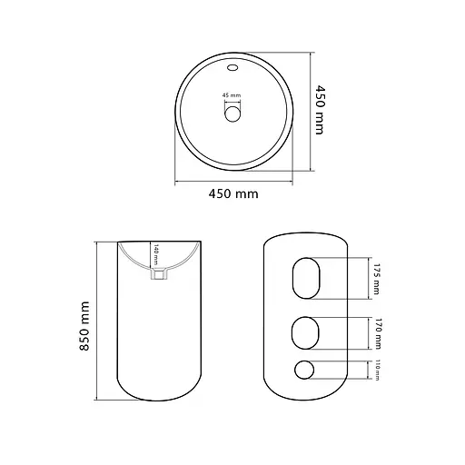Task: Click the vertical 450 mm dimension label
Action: tap(320, 110)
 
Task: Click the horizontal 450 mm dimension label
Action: tap(233, 193)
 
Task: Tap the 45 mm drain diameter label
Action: tap(232, 95)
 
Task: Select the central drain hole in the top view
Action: tap(232, 114)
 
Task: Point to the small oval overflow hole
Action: tap(232, 67)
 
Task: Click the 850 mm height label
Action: tap(84, 326)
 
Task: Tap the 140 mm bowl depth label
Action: tap(156, 254)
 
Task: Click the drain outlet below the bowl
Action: tap(158, 274)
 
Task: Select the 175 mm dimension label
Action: tap(376, 279)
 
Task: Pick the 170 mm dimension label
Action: tap(377, 333)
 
